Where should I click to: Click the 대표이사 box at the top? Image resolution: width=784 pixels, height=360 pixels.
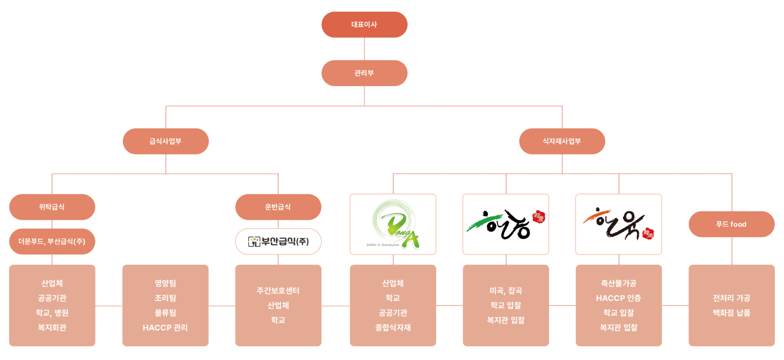pos(364,24)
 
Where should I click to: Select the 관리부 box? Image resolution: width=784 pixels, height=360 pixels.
pos(364,73)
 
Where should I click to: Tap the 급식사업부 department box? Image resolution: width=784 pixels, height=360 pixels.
pos(165,141)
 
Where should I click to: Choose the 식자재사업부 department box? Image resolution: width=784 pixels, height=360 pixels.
pos(562,141)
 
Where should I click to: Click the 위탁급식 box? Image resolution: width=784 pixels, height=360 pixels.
pos(52,207)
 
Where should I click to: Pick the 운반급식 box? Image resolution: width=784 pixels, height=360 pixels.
pos(278,207)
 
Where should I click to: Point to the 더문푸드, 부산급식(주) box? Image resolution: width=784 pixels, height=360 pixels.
pos(52,242)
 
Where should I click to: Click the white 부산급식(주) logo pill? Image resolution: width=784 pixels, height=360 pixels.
pos(278,242)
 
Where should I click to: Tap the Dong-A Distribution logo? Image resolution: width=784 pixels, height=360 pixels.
pos(393,224)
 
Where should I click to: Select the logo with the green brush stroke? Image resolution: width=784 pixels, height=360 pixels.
pos(506,224)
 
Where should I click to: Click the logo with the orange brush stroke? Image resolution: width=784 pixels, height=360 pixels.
pos(619,224)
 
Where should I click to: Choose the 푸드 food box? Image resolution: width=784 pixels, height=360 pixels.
pos(731,224)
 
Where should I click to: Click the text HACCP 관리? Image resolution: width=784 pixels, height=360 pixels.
pos(165,327)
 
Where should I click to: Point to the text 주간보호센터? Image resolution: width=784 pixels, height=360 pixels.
pos(278,291)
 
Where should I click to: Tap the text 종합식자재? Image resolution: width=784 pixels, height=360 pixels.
pos(393,327)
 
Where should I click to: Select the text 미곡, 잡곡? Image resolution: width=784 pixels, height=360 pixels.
pos(506,291)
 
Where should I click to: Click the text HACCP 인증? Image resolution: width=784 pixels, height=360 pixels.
pos(619,298)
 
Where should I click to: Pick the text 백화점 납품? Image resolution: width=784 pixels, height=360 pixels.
pos(731,313)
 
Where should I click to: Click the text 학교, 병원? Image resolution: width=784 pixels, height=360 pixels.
pos(52,313)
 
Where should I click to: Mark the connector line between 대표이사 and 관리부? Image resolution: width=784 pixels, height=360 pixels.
pos(364,49)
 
